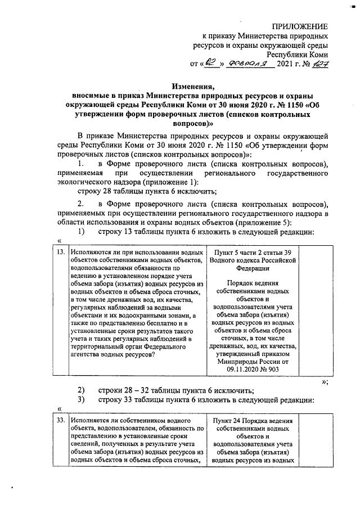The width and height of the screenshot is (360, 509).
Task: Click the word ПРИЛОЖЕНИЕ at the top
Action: [300, 26]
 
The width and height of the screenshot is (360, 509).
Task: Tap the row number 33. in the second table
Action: [59, 421]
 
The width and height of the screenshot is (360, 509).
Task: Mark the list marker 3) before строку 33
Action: [81, 400]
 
